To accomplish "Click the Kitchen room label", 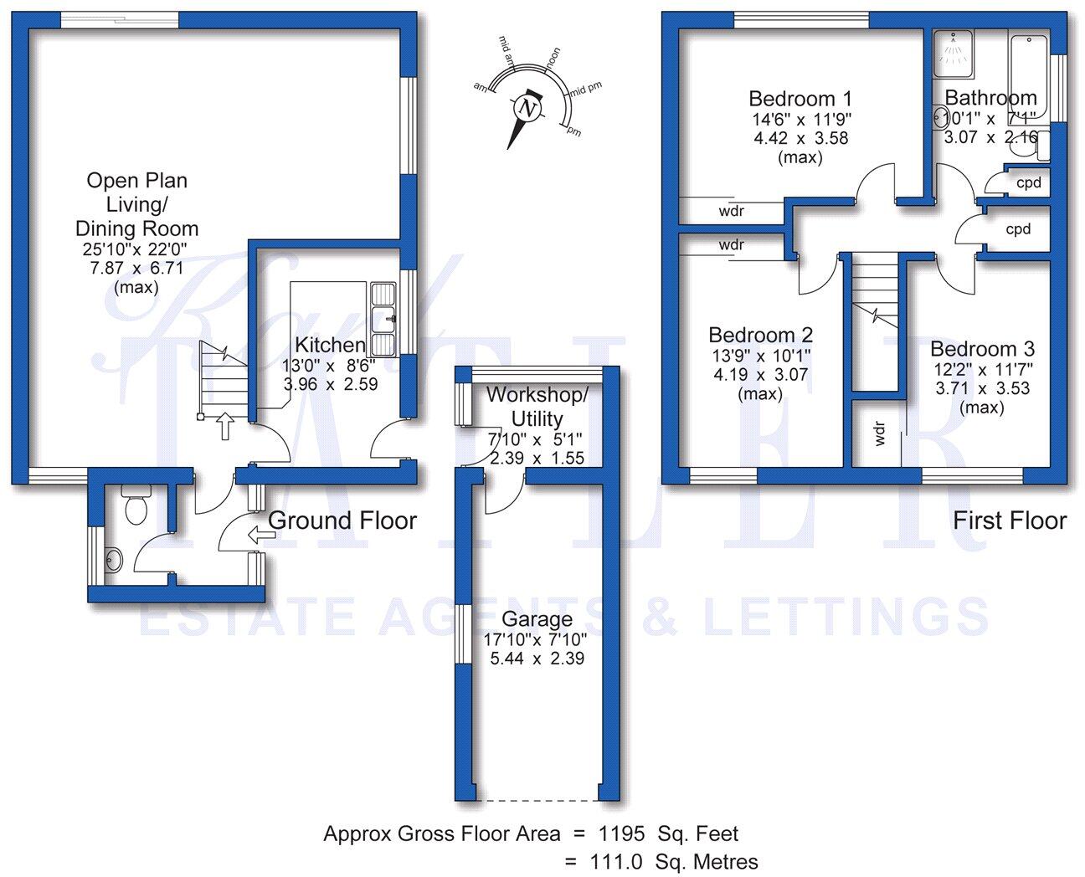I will [x=330, y=345].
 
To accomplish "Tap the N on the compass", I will [x=527, y=109].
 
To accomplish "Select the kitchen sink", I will [x=384, y=319].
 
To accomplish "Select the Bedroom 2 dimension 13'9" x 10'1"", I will [x=759, y=356].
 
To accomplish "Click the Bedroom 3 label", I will [x=982, y=349].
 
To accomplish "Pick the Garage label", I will [x=537, y=620].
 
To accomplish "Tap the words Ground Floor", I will [x=342, y=521].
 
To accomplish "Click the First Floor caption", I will [x=1009, y=521].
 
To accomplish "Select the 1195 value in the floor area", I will [x=620, y=833].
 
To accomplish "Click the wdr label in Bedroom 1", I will [x=731, y=212].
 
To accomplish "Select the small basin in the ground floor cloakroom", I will [x=114, y=559].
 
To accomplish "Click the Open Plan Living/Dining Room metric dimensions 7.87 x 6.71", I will [x=136, y=269].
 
